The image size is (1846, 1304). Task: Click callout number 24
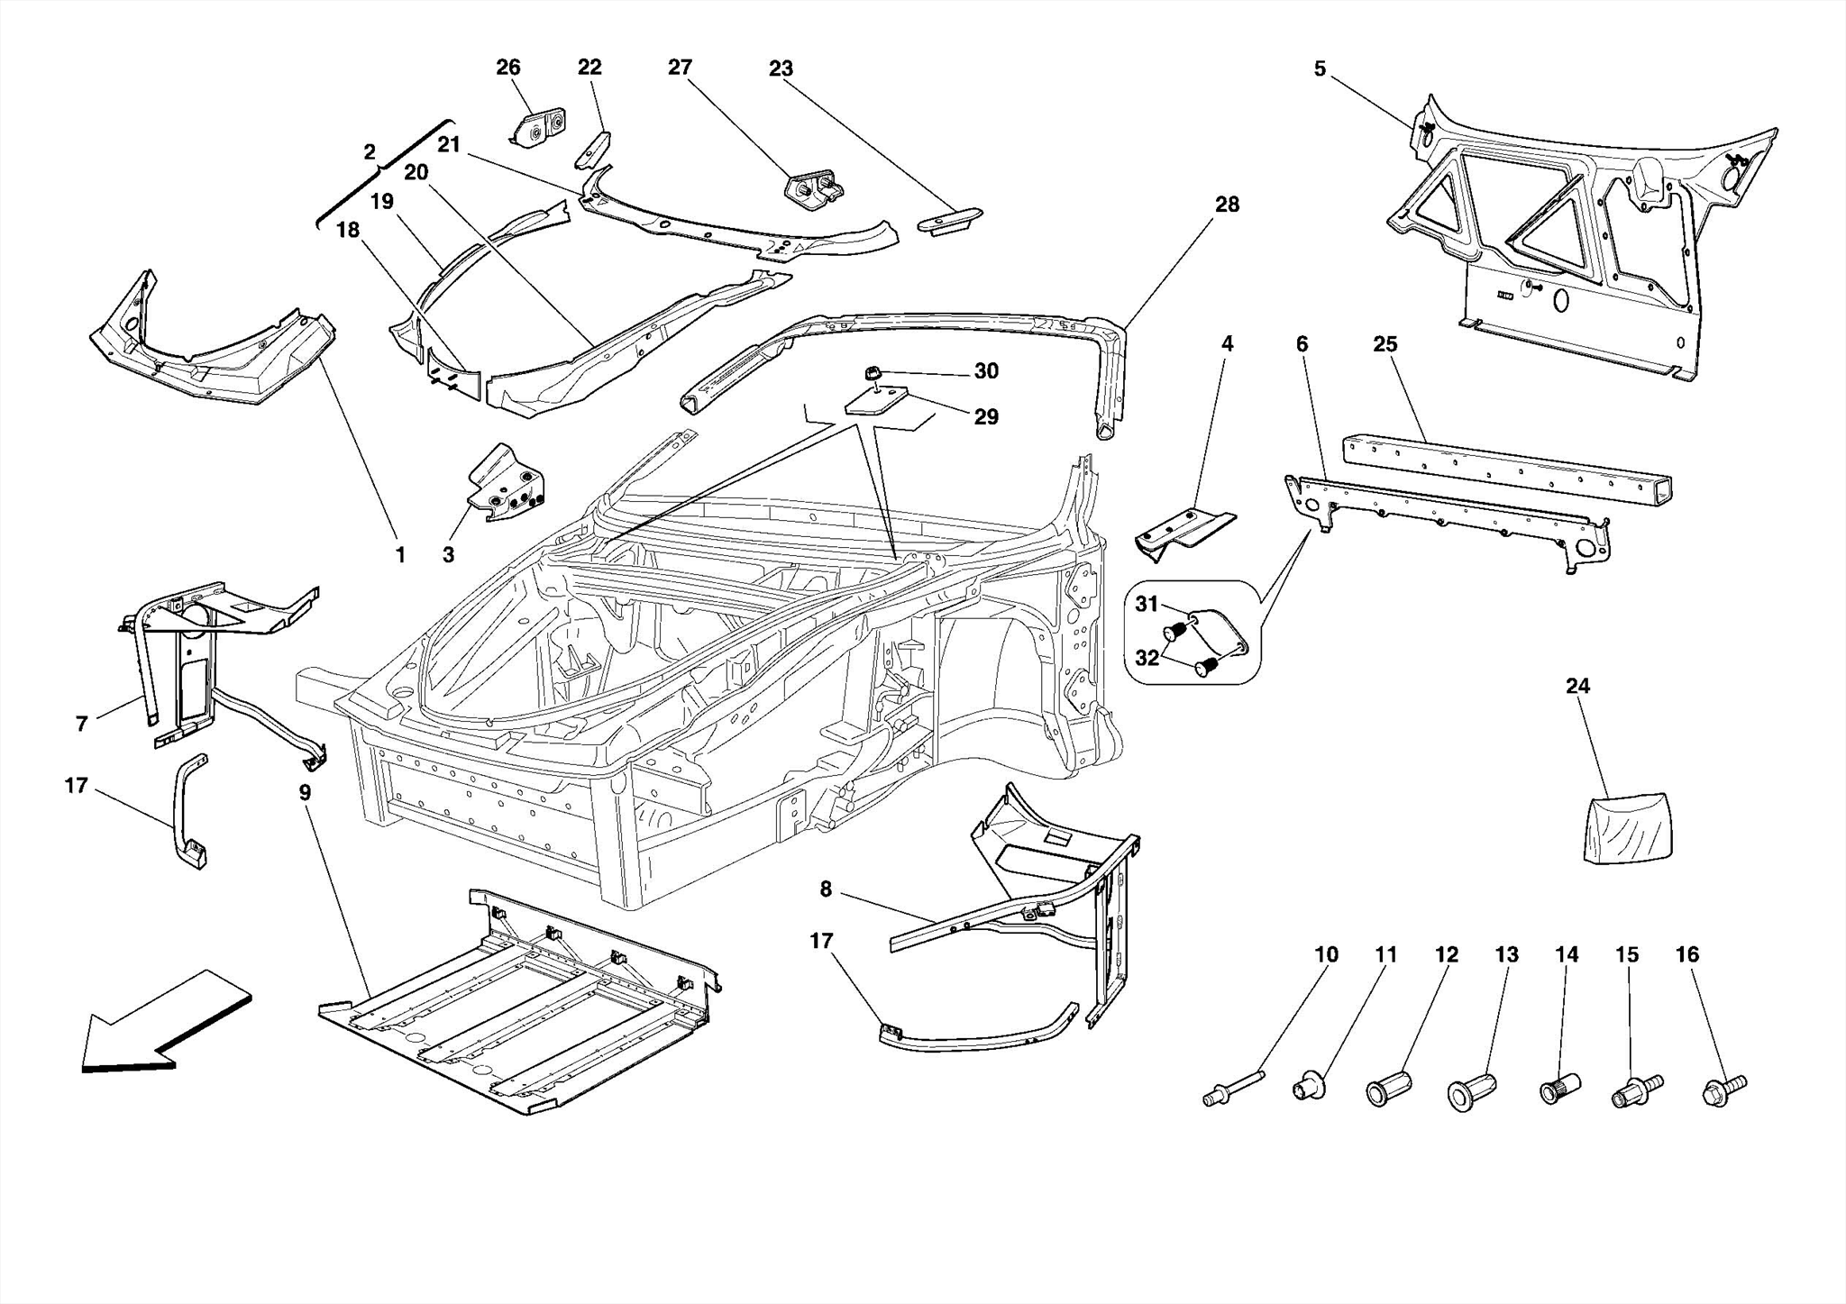[1577, 686]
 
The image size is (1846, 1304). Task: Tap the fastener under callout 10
[1232, 1087]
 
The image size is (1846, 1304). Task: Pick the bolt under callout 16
[1723, 1090]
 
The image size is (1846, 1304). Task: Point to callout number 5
[1320, 69]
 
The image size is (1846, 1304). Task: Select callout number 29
[986, 416]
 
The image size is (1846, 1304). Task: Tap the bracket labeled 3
[507, 487]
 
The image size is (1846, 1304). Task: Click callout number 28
[1227, 205]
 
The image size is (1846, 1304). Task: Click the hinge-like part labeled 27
[815, 192]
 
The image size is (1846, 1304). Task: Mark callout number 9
[305, 793]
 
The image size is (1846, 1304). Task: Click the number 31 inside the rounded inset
[1146, 604]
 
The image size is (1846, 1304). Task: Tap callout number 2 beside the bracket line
[370, 152]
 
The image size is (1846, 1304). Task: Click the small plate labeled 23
[950, 219]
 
